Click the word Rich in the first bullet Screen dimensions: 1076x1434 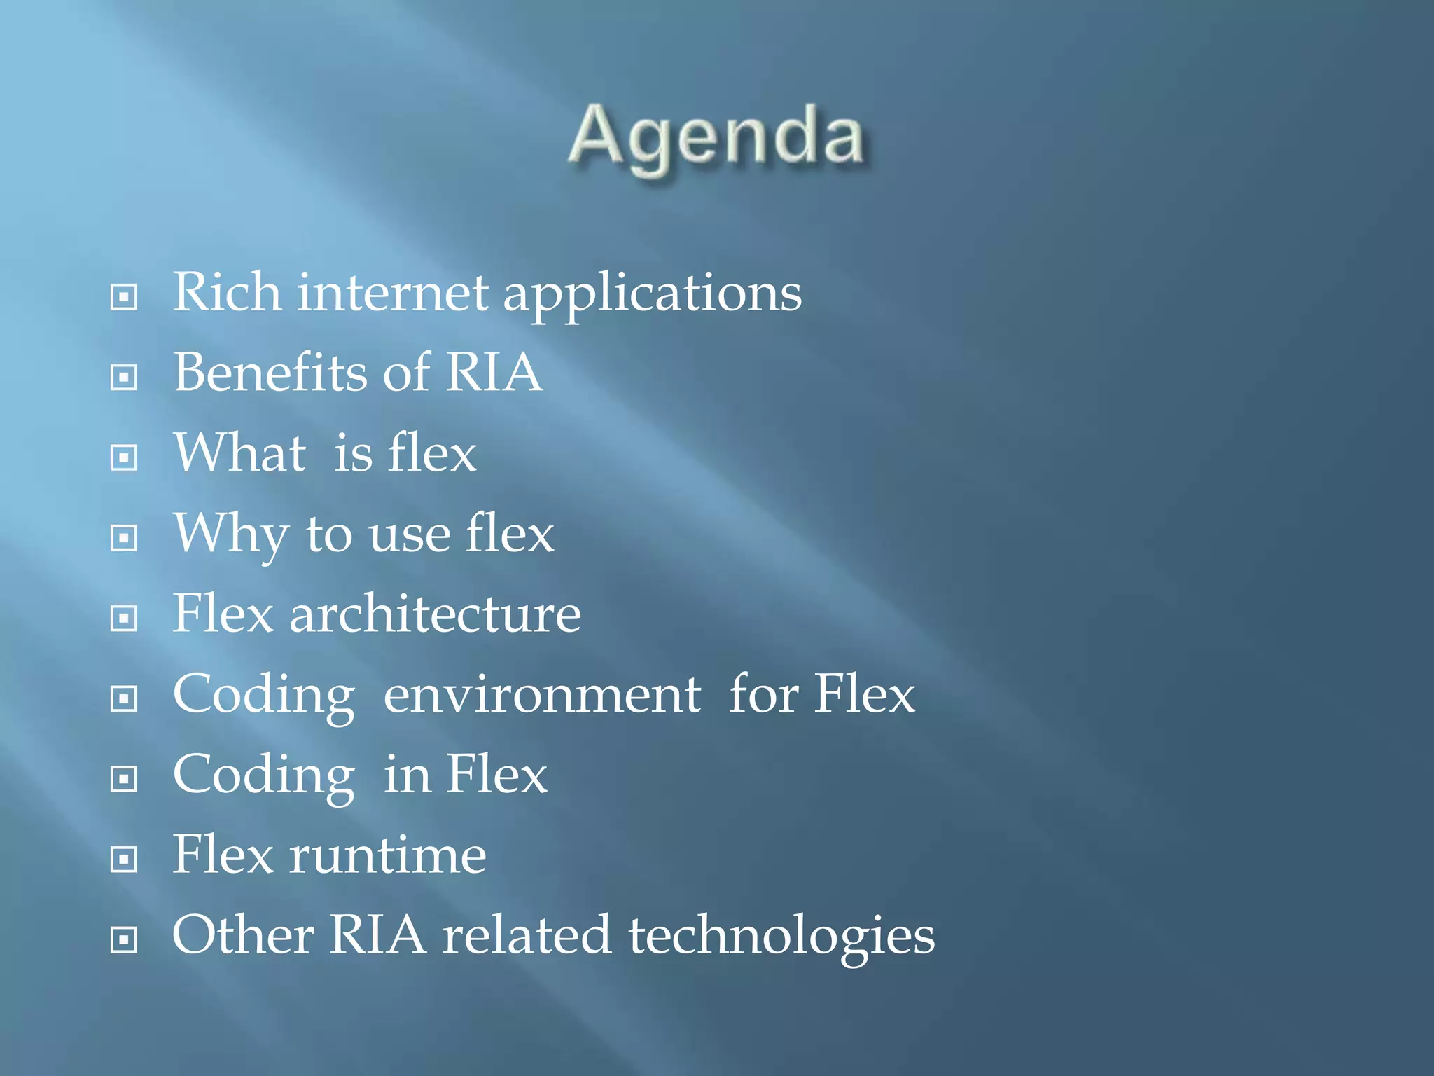pyautogui.click(x=227, y=292)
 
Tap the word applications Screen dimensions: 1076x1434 pyautogui.click(x=652, y=294)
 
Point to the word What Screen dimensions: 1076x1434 pyautogui.click(x=239, y=453)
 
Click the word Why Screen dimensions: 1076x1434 pyautogui.click(x=230, y=534)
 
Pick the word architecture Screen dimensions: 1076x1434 pyautogui.click(x=435, y=614)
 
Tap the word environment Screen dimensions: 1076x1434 pyautogui.click(x=542, y=695)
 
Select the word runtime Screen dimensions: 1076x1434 pyautogui.click(x=387, y=855)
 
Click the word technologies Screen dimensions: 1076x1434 pyautogui.click(x=781, y=937)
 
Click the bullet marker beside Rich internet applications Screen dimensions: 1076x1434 pyautogui.click(x=124, y=297)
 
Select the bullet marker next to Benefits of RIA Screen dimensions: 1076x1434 pyautogui.click(x=124, y=378)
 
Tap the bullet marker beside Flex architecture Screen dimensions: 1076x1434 pyautogui.click(x=124, y=619)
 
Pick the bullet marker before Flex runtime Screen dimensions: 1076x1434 pyautogui.click(x=124, y=860)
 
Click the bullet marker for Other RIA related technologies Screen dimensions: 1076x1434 pyautogui.click(x=124, y=940)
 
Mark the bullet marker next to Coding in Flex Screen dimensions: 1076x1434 pyautogui.click(x=124, y=779)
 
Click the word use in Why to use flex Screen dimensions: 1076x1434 pyautogui.click(x=410, y=535)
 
